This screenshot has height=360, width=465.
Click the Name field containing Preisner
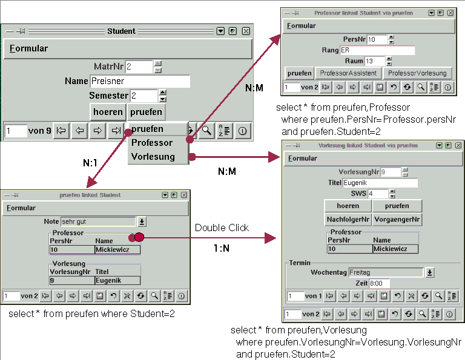tap(139, 81)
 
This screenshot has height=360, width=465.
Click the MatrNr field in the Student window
tap(139, 67)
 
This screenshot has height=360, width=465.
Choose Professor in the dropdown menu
tap(152, 143)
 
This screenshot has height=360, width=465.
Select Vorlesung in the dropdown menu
tap(153, 157)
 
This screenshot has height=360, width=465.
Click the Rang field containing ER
tap(377, 50)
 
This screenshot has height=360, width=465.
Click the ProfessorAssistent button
tap(348, 73)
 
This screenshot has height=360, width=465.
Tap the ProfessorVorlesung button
tap(417, 73)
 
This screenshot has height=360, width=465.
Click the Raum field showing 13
tap(374, 61)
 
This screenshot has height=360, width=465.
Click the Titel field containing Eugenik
tap(380, 183)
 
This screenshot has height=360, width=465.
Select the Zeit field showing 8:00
tap(375, 283)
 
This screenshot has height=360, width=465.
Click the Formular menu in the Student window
tap(28, 48)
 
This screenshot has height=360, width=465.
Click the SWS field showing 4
tap(377, 194)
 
